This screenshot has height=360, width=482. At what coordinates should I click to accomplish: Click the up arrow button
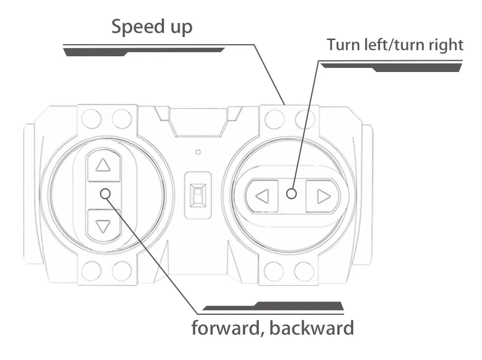[x=104, y=165]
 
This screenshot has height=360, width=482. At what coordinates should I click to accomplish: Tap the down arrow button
[x=104, y=226]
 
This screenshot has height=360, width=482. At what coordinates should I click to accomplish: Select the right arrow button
[x=323, y=196]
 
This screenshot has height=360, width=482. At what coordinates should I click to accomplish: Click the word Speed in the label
[x=134, y=27]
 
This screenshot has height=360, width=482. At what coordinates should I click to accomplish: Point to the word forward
[x=226, y=328]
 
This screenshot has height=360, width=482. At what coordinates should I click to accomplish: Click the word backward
[x=312, y=328]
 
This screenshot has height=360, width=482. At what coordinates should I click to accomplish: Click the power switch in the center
[x=198, y=195]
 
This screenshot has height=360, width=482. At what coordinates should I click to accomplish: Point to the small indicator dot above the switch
[x=198, y=152]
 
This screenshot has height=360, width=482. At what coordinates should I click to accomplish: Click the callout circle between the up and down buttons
[x=106, y=194]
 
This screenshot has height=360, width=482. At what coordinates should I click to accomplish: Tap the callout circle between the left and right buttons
[x=291, y=194]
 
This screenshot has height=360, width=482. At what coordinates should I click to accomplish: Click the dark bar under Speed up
[x=144, y=52]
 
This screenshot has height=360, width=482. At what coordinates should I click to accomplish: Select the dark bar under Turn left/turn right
[x=391, y=67]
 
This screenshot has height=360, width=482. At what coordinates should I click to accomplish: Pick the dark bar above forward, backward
[x=273, y=306]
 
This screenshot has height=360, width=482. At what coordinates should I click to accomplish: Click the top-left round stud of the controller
[x=91, y=119]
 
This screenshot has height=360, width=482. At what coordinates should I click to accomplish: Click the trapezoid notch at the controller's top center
[x=198, y=122]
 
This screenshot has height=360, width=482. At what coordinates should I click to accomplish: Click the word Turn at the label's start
[x=343, y=45]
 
